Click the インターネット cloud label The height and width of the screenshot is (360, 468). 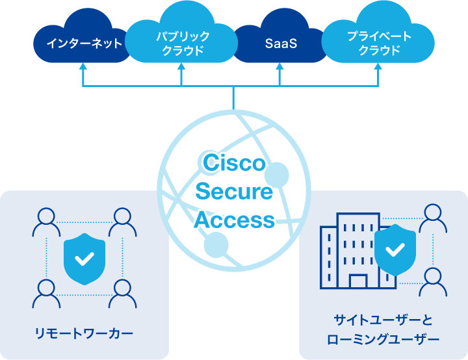pyautogui.click(x=84, y=44)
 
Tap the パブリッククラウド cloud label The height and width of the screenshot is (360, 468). pyautogui.click(x=183, y=44)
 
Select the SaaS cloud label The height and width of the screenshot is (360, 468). pyautogui.click(x=281, y=44)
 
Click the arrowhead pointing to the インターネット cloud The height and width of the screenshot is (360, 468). pyautogui.click(x=84, y=67)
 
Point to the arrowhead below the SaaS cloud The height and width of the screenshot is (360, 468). pyautogui.click(x=280, y=67)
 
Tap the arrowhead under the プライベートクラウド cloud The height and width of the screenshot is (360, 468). pyautogui.click(x=379, y=67)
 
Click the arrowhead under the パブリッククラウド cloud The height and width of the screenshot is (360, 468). pyautogui.click(x=182, y=67)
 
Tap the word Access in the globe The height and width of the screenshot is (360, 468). pyautogui.click(x=234, y=220)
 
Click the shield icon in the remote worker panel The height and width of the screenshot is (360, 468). pyautogui.click(x=84, y=258)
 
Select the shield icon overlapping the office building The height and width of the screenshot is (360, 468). pyautogui.click(x=395, y=249)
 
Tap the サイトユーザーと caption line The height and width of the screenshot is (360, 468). pyautogui.click(x=383, y=320)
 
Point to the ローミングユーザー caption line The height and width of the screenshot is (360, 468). pyautogui.click(x=383, y=339)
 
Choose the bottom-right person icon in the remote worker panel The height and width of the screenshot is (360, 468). pyautogui.click(x=122, y=293)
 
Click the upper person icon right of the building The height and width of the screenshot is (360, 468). pyautogui.click(x=433, y=218)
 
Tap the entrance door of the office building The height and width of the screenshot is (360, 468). pyautogui.click(x=357, y=281)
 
